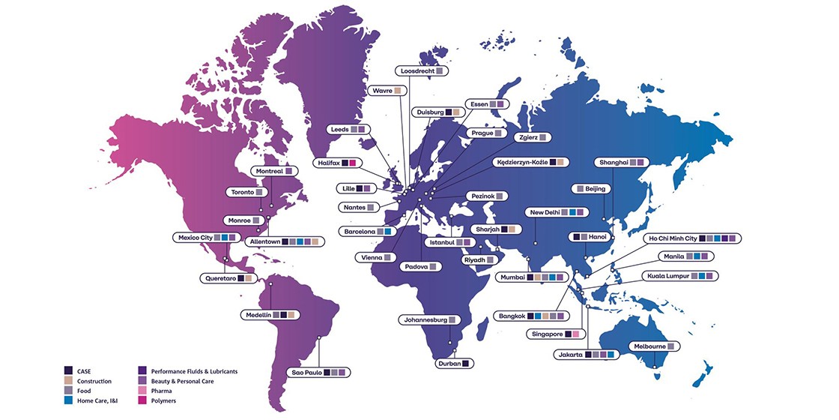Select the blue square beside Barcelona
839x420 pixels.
[388, 232]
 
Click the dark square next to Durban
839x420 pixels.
[466, 364]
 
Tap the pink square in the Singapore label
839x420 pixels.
[575, 334]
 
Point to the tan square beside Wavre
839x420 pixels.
[398, 91]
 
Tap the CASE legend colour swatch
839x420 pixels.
[69, 370]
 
